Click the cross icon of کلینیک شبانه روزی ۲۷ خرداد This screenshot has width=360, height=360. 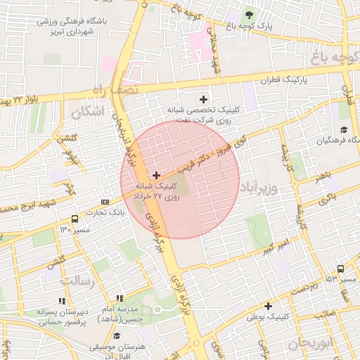pos(155,174)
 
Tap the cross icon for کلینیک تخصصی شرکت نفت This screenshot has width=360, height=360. pos(205,99)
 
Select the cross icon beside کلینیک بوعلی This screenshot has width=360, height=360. pos(268,306)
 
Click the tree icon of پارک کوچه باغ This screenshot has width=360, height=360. pos(248,15)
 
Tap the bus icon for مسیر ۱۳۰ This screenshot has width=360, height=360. pos(75,218)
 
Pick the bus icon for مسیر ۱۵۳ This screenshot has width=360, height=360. pos(340,269)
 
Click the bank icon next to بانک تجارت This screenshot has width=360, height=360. pos(105,201)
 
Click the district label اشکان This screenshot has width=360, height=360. pos(87,111)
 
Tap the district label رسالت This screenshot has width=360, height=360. pos(77,281)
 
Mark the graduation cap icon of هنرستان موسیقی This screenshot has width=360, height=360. pos(117,335)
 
